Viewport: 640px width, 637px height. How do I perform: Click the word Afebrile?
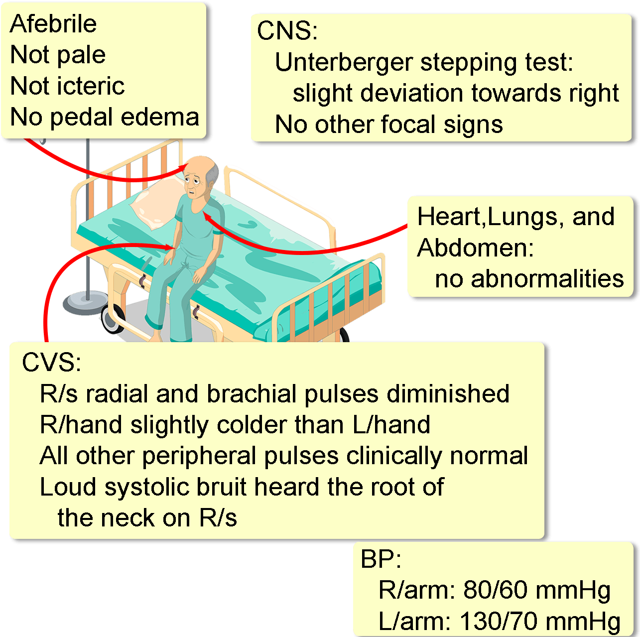[x=53, y=24]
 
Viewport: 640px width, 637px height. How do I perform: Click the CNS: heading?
[x=287, y=31]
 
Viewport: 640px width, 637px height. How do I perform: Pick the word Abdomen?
[x=475, y=248]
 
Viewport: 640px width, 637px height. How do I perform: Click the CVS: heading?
[x=51, y=363]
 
